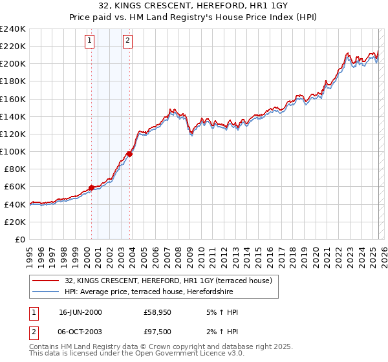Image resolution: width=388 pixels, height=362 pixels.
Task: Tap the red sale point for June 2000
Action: click(91, 187)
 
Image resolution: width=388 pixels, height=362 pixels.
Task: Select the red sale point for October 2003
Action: click(130, 154)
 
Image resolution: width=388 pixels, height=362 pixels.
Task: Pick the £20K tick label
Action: click(15, 222)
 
